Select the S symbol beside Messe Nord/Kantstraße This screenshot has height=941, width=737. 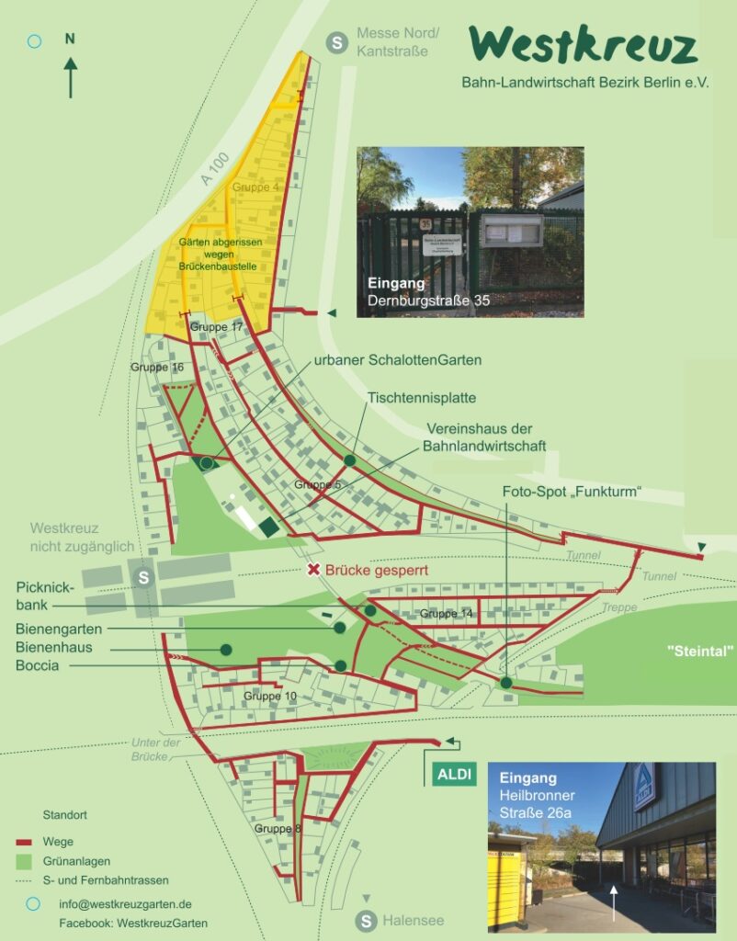pos(337,42)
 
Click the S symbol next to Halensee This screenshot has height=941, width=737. pos(367,920)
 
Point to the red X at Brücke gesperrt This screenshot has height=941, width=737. pos(313,570)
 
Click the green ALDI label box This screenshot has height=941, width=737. pos(452,774)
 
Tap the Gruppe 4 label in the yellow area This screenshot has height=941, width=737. pos(255,187)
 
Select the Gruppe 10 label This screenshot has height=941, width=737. pos(269,696)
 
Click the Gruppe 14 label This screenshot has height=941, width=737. pos(447,613)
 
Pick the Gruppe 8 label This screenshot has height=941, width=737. pos(278,828)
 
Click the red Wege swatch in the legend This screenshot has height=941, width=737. pos(24,842)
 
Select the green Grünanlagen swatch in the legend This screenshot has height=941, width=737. pos(24,861)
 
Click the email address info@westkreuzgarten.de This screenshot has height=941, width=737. pos(125,904)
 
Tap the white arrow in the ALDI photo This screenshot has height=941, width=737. pos(614,903)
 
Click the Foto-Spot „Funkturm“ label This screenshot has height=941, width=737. pos(571,492)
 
